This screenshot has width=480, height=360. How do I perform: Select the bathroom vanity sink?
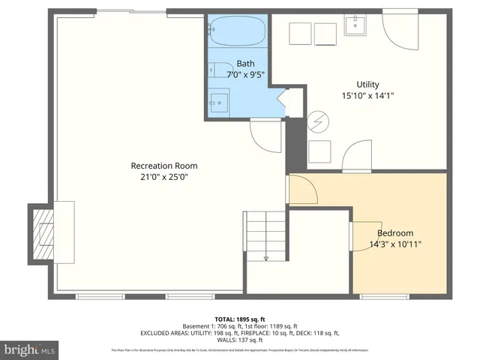[x=218, y=100]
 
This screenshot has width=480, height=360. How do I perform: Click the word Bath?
[x=245, y=64]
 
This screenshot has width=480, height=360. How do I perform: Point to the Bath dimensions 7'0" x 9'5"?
[x=245, y=75]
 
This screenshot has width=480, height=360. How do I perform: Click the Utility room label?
[x=367, y=84]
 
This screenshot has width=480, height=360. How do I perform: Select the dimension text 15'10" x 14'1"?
[x=367, y=95]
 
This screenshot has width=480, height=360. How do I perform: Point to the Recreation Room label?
[x=163, y=166]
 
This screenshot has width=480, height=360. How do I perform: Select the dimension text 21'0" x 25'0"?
[x=163, y=178]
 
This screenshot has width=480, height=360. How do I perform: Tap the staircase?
[x=265, y=234]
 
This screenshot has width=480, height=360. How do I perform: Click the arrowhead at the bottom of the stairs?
[x=265, y=259]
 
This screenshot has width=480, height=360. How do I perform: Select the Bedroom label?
[x=394, y=233]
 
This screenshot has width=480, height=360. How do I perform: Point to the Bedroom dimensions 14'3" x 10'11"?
[x=394, y=244]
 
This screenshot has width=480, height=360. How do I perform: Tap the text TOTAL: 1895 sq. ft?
[x=240, y=318]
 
